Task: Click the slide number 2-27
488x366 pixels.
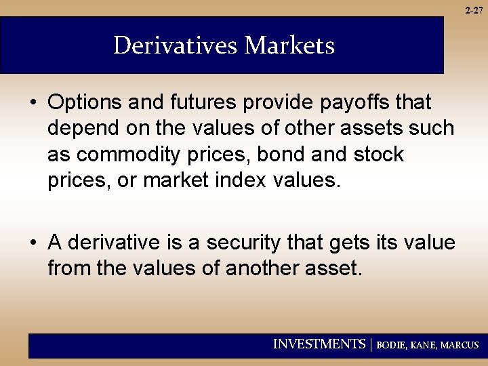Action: tap(474, 10)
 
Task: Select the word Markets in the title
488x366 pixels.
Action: tap(289, 46)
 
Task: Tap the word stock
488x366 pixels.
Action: tap(378, 155)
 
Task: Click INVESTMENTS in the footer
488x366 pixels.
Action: tap(319, 344)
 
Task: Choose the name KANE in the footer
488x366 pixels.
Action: tap(425, 345)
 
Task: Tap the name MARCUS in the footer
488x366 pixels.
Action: tap(460, 345)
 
